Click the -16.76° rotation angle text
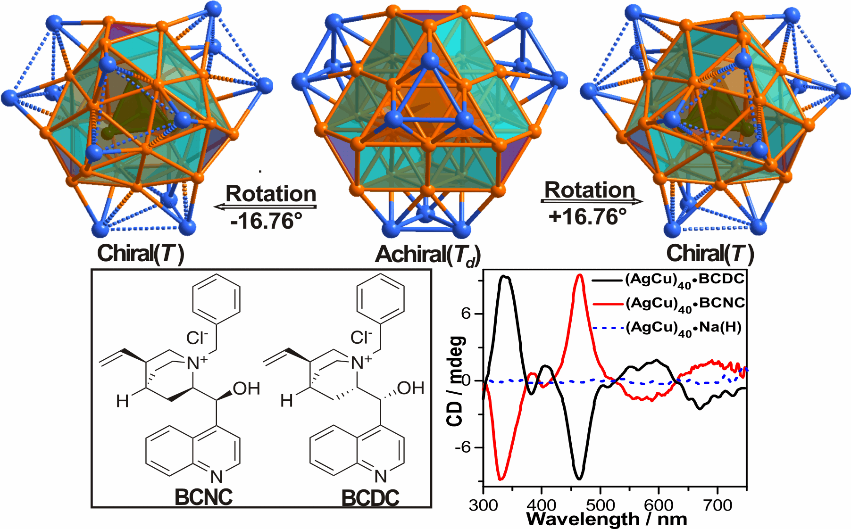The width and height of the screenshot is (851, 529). click(267, 221)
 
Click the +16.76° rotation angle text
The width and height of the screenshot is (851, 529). click(587, 217)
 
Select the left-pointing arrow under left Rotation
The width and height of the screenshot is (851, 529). click(265, 207)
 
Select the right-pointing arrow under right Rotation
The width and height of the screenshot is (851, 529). click(592, 202)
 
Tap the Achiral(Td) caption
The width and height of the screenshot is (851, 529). click(427, 255)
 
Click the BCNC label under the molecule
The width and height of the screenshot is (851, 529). click(203, 497)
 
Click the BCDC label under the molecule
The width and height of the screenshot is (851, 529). click(370, 498)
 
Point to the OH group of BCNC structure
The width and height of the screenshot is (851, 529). click(246, 389)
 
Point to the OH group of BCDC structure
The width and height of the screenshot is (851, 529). click(410, 388)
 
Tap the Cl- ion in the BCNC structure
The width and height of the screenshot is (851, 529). click(197, 338)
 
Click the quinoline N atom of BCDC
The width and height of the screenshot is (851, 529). click(381, 477)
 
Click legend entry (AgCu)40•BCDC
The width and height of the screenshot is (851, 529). click(684, 280)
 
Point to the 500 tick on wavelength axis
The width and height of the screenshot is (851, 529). click(600, 505)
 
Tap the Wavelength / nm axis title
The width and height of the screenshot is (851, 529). click(607, 520)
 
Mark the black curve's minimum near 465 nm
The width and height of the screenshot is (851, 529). click(580, 479)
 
